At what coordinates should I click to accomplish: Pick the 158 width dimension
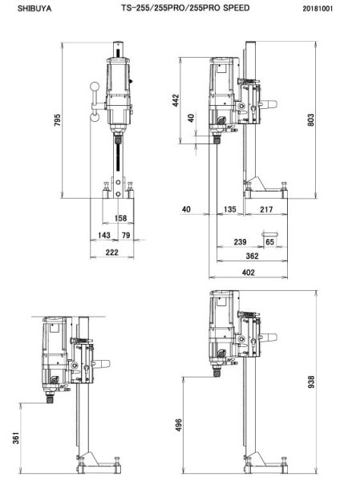pos(120,217)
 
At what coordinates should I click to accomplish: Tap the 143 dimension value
pos(103,234)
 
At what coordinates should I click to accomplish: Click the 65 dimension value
pos(269,240)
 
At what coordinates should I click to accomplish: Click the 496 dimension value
pos(180,424)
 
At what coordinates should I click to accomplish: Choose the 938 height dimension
pos(321,382)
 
